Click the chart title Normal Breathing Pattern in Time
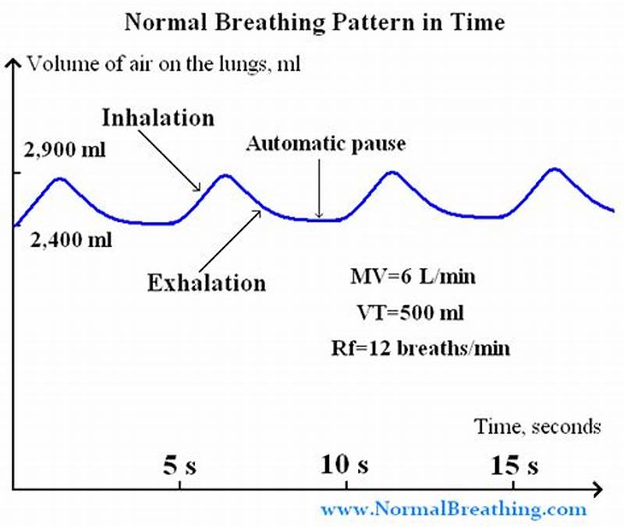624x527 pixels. pyautogui.click(x=314, y=22)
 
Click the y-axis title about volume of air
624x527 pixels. pyautogui.click(x=164, y=63)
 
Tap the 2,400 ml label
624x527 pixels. pyautogui.click(x=71, y=240)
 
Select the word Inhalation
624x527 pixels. pyautogui.click(x=158, y=118)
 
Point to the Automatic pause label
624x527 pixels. pyautogui.click(x=326, y=144)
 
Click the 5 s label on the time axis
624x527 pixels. pyautogui.click(x=180, y=465)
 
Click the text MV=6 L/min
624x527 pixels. pyautogui.click(x=413, y=277)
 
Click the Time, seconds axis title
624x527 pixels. pyautogui.click(x=538, y=426)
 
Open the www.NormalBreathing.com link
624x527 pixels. pyautogui.click(x=452, y=510)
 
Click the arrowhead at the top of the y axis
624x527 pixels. pyautogui.click(x=12, y=63)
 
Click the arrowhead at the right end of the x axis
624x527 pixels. pyautogui.click(x=597, y=490)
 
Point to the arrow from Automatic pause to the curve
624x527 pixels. pyautogui.click(x=318, y=187)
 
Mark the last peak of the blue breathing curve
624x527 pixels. pyautogui.click(x=555, y=168)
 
